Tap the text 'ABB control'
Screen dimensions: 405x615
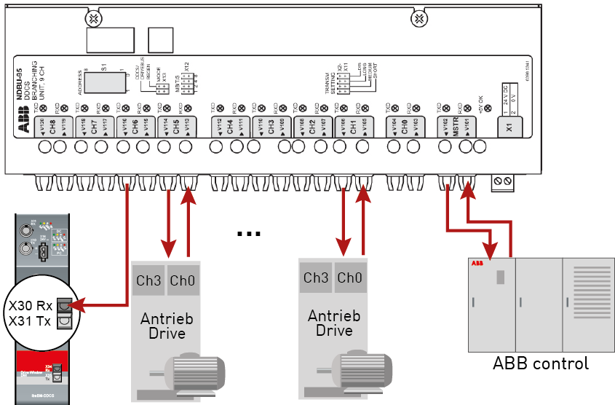(541, 362)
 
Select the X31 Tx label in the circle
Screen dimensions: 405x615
(30, 321)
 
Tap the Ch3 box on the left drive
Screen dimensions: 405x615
(148, 280)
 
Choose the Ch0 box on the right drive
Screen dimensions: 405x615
(349, 278)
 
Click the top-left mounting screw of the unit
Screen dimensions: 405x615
(93, 17)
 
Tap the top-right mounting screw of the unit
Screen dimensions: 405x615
(418, 17)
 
